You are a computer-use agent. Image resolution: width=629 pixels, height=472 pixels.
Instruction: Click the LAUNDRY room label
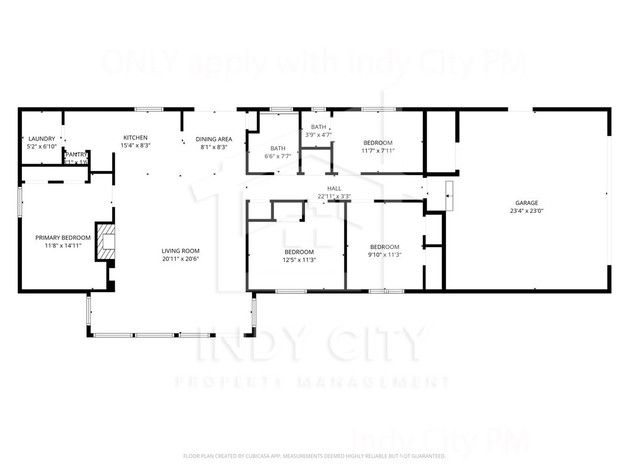[42, 139]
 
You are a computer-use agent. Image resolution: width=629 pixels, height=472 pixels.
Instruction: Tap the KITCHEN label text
[135, 138]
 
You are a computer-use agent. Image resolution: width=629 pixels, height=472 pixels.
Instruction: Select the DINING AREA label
[214, 139]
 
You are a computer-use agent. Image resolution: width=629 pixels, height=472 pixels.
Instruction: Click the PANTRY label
[76, 155]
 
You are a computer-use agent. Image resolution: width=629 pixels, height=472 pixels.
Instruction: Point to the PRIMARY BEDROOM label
[63, 238]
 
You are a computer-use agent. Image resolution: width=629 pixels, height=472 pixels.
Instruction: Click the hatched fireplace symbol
[105, 242]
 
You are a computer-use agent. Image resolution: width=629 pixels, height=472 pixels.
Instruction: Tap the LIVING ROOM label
[180, 251]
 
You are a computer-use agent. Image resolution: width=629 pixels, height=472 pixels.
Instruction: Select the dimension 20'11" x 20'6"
[180, 259]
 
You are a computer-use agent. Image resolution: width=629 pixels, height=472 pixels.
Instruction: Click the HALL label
[334, 189]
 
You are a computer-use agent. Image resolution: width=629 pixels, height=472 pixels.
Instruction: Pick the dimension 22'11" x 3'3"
[334, 197]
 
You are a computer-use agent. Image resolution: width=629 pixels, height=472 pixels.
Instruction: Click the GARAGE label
[526, 203]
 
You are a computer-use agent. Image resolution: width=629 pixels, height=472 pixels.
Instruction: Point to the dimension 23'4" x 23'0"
[526, 211]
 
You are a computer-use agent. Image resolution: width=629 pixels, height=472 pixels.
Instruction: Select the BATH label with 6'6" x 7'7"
[278, 148]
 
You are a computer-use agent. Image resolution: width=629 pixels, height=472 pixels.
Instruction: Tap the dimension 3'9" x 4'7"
[319, 135]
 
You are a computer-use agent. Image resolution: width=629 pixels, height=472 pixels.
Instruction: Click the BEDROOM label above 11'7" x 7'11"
[378, 143]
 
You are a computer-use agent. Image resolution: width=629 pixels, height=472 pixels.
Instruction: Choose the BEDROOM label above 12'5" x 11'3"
[299, 252]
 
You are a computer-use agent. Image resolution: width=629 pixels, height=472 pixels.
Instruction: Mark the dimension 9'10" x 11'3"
[385, 255]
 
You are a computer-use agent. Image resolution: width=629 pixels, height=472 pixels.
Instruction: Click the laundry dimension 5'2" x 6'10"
[42, 147]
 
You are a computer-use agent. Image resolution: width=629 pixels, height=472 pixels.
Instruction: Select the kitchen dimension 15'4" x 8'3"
[135, 146]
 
